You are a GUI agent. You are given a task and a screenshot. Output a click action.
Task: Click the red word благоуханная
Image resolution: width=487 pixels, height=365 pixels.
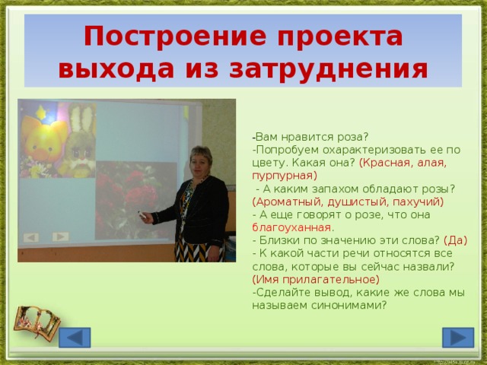[x=291, y=227]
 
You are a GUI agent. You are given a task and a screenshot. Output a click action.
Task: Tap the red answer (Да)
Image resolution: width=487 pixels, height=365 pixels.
[x=454, y=240]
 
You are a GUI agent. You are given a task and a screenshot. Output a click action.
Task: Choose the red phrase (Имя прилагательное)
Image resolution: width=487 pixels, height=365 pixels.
[x=315, y=279]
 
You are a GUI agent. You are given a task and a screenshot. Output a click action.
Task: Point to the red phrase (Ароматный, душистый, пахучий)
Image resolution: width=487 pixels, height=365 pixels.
[x=347, y=202]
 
